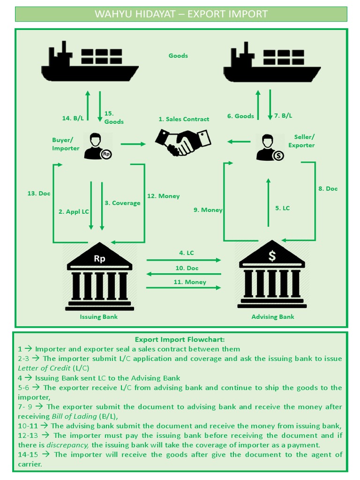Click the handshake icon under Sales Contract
pyautogui.click(x=183, y=142)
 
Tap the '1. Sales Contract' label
pyautogui.click(x=183, y=119)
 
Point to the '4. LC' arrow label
pyautogui.click(x=186, y=253)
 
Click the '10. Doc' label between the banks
pyautogui.click(x=187, y=268)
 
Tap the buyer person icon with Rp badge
pyautogui.click(x=97, y=146)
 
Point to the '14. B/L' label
pyautogui.click(x=73, y=118)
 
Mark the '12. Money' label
pyautogui.click(x=163, y=196)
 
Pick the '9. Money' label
pyautogui.click(x=208, y=210)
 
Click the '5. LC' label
pyautogui.click(x=283, y=208)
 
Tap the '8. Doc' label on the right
pyautogui.click(x=328, y=188)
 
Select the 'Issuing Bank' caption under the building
pyautogui.click(x=98, y=317)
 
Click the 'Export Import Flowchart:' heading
pyautogui.click(x=180, y=339)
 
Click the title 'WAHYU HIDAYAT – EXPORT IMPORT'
pyautogui.click(x=181, y=14)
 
